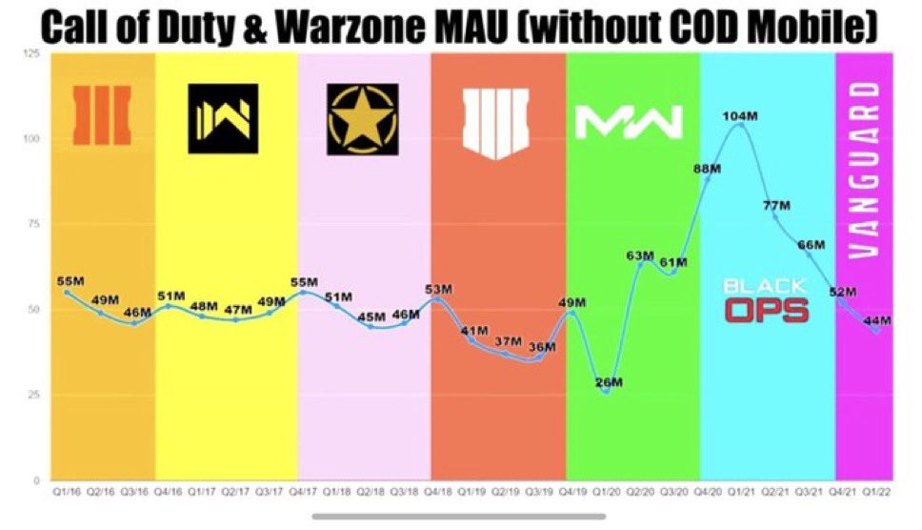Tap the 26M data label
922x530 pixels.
(609, 382)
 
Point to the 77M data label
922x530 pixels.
(777, 206)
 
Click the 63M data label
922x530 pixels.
(640, 255)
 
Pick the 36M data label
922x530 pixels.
(541, 346)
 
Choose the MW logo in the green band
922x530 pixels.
(629, 121)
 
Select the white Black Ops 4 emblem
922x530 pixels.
(494, 122)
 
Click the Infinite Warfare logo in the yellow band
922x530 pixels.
(223, 119)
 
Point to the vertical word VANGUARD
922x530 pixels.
(863, 170)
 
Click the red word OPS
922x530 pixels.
(766, 311)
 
